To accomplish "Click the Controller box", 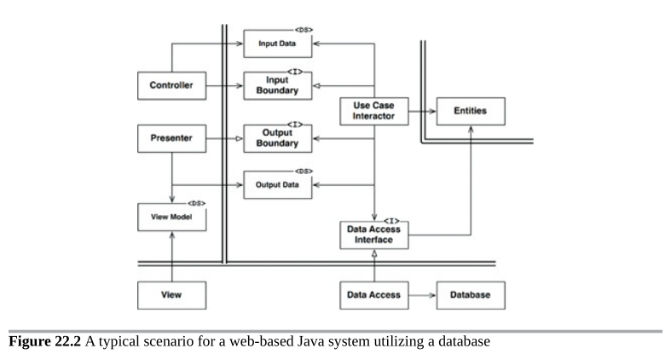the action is click(171, 85).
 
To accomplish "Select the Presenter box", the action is click(171, 138).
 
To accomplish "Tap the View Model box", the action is click(171, 217).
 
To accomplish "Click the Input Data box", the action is click(278, 44).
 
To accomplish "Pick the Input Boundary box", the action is click(278, 85).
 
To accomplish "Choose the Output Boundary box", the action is click(278, 138).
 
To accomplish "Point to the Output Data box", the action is click(278, 185).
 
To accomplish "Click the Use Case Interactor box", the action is click(374, 111).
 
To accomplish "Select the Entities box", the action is click(471, 111).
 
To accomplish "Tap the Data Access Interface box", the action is click(374, 235).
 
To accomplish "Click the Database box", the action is click(471, 295).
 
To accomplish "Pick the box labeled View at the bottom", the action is click(171, 295).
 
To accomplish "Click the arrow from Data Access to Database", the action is click(422, 295).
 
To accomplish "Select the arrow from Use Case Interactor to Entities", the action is click(422, 111).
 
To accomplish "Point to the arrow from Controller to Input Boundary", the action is click(225, 85).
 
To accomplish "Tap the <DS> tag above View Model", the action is click(196, 203).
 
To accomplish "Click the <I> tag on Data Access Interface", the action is click(391, 221).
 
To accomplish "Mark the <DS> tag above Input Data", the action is click(304, 30).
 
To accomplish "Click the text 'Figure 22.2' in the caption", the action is click(44, 341).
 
